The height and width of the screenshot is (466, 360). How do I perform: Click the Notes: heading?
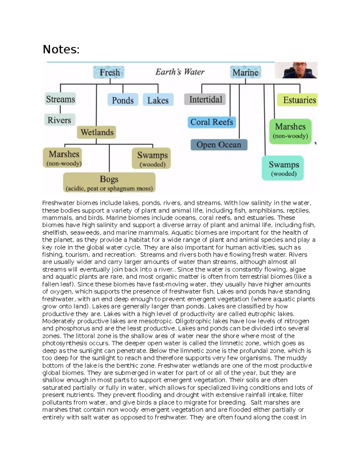(61, 49)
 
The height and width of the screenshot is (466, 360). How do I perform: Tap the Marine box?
(245, 72)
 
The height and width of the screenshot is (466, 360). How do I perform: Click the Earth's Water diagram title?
(180, 72)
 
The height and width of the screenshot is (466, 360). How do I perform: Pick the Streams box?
(60, 99)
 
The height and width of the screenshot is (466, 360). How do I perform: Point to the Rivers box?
(59, 120)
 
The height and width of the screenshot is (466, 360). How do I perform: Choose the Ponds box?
(123, 100)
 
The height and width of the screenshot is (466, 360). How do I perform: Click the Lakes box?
(158, 100)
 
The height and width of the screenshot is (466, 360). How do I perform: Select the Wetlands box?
(97, 132)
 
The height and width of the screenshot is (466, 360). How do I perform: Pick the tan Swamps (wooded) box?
(151, 158)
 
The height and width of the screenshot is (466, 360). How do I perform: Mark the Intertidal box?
(205, 99)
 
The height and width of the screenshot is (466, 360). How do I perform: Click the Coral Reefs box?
(212, 122)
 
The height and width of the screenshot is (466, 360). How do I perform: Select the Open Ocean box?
(219, 145)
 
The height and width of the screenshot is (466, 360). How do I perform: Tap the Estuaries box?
(298, 100)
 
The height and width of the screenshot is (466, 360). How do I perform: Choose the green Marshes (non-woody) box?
(290, 131)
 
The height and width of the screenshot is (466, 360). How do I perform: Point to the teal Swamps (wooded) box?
(283, 168)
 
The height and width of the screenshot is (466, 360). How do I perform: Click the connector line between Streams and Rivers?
(60, 109)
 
